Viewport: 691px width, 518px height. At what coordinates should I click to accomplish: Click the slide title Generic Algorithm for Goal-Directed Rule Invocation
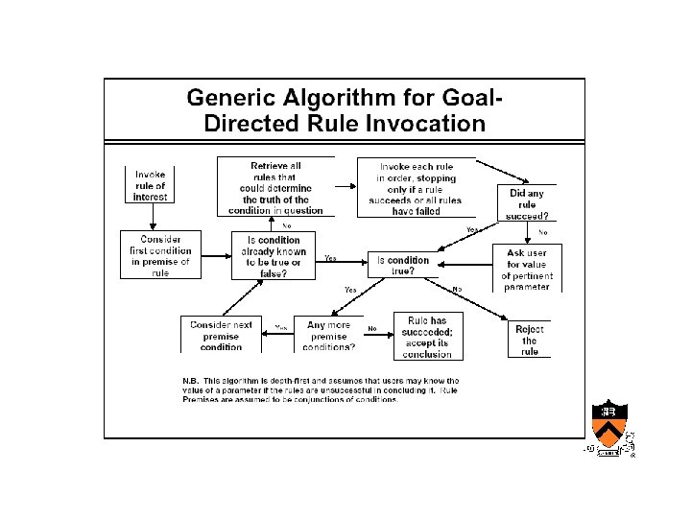pos(345,110)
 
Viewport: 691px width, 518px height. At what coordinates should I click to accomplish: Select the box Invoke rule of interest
pos(150,184)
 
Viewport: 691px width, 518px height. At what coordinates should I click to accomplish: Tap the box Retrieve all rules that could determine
pos(275,187)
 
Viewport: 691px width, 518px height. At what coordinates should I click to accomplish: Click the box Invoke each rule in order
pos(416,187)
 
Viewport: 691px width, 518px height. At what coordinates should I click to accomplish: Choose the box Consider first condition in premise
pos(160,255)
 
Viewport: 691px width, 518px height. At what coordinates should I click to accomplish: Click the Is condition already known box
pos(274,256)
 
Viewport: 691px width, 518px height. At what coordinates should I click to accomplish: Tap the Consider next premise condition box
pos(221,336)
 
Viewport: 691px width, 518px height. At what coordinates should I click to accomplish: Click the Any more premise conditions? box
pos(328,337)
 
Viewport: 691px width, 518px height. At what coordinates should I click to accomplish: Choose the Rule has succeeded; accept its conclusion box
pos(427,337)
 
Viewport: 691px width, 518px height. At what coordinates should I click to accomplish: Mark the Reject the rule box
pos(530,340)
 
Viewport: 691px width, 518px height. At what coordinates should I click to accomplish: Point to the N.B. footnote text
pos(322,389)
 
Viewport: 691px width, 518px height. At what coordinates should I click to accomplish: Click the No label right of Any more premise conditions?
pos(371,327)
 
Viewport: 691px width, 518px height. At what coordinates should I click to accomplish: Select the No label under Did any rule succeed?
pos(543,232)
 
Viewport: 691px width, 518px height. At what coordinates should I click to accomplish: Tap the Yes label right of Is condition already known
pos(330,258)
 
